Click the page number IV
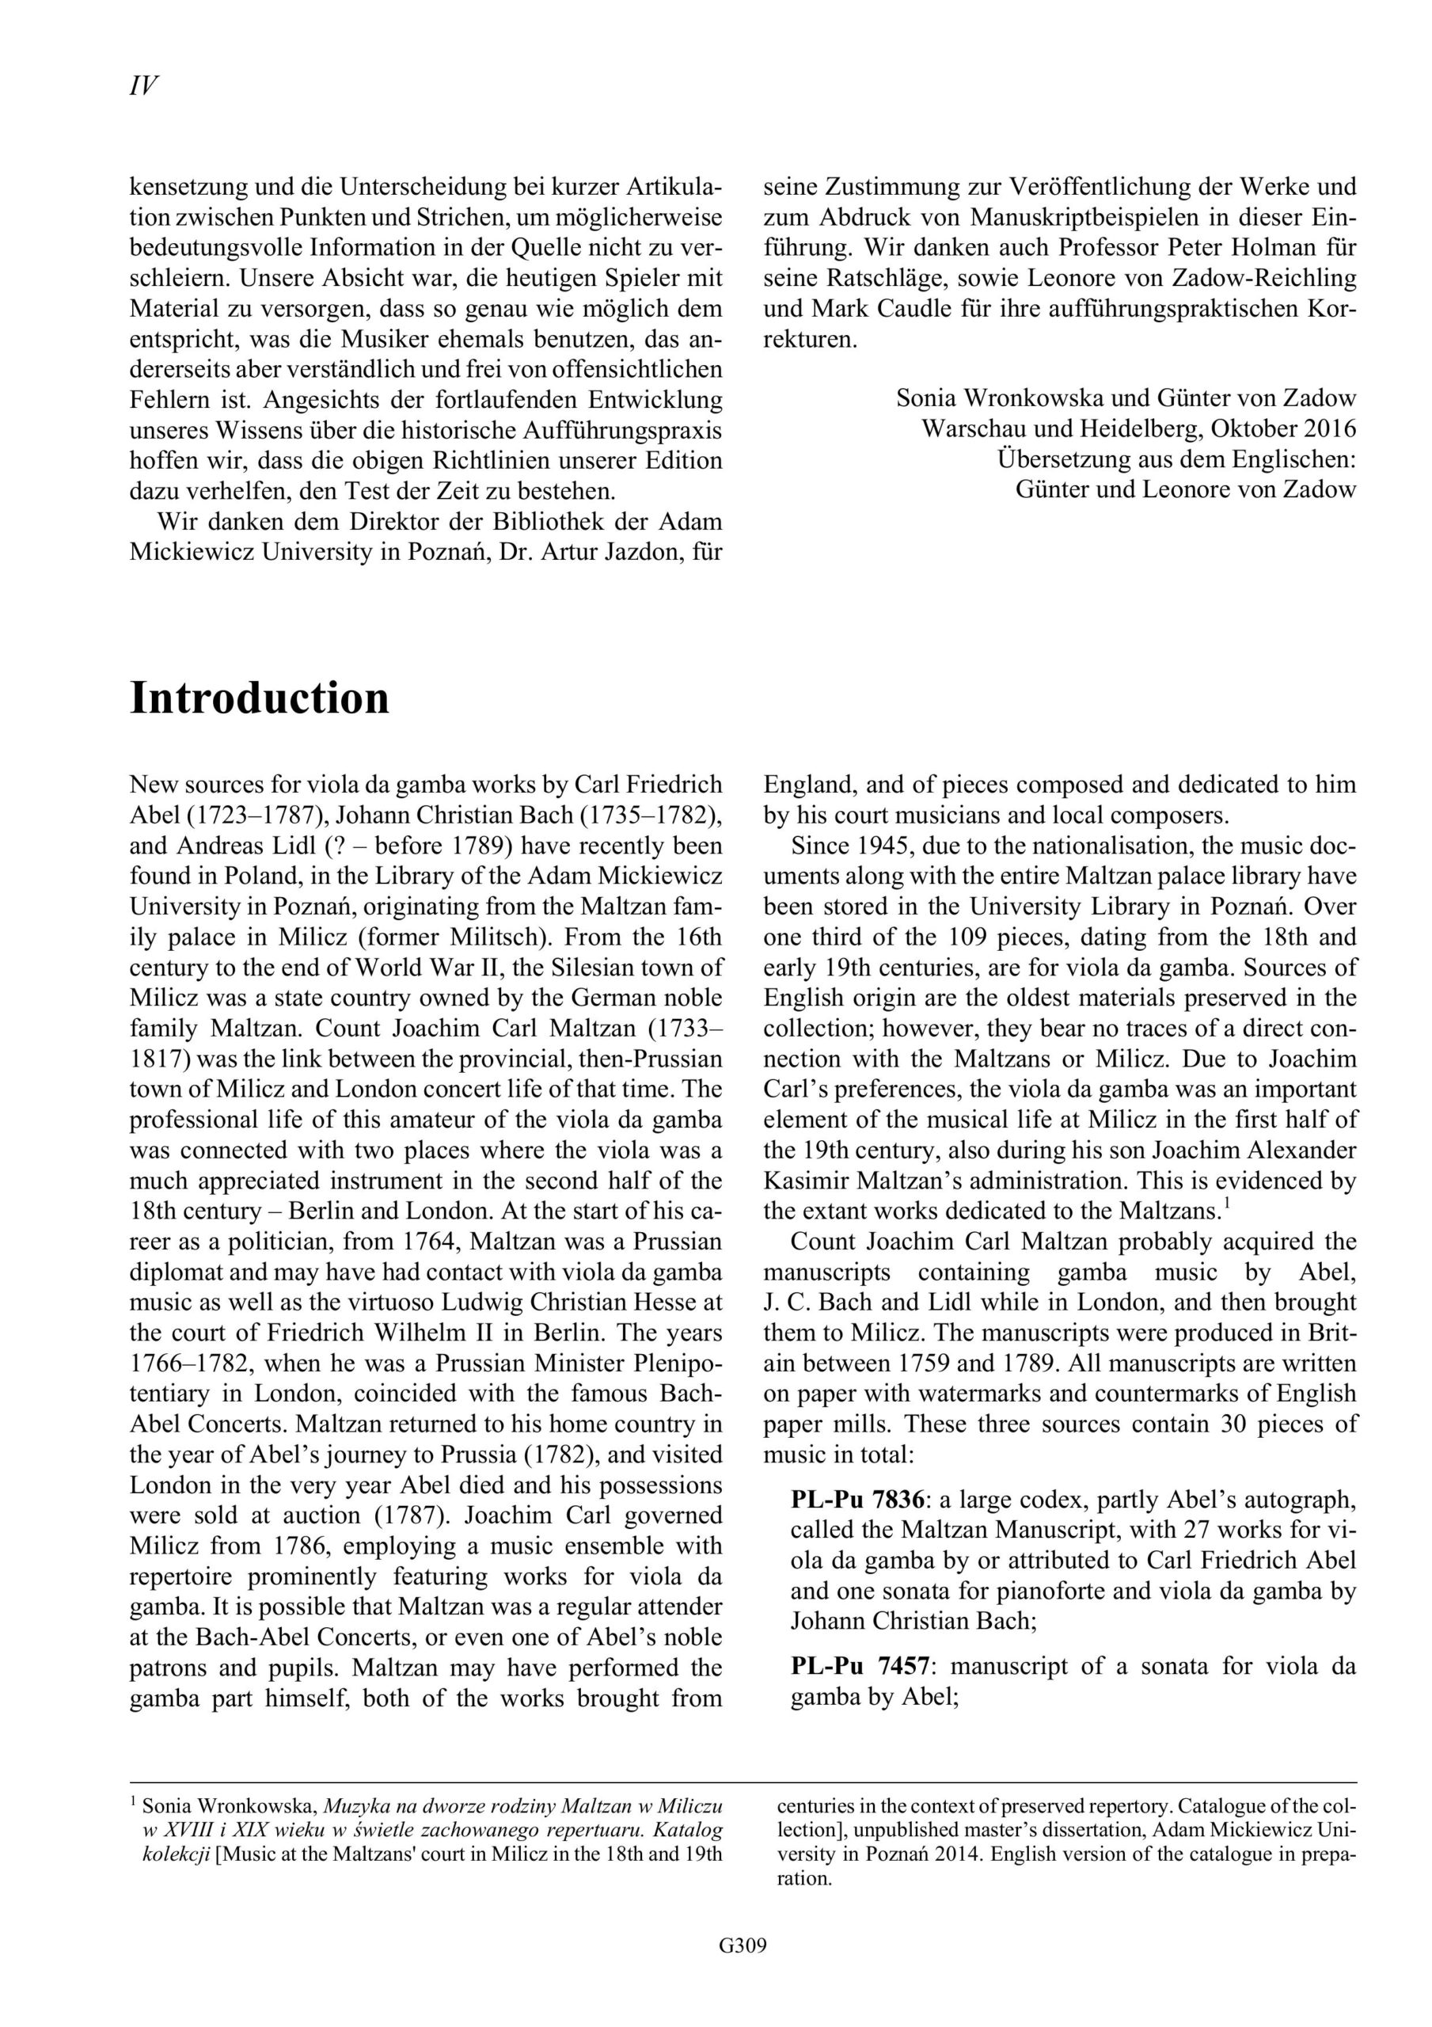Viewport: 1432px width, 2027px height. [x=143, y=86]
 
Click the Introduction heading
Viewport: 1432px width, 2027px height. [x=259, y=698]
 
